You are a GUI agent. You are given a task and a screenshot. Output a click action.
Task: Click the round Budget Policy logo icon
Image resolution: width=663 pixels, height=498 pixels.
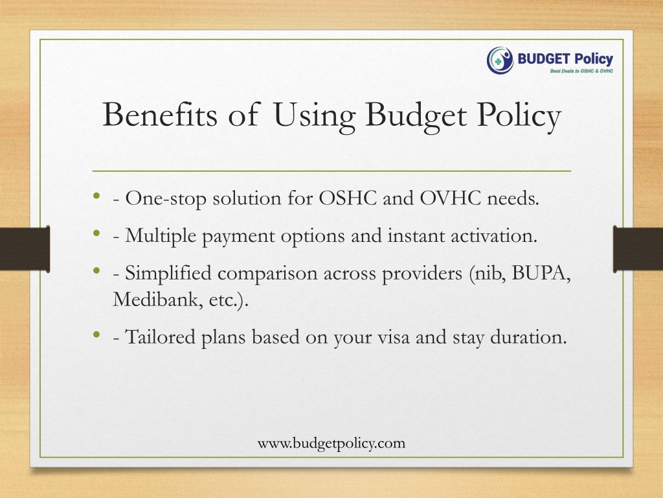pos(500,60)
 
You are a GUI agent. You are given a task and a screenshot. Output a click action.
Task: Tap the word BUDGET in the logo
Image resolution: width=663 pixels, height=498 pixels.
pos(538,59)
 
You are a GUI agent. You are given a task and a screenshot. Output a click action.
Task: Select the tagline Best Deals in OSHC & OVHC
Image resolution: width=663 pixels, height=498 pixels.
pos(581,71)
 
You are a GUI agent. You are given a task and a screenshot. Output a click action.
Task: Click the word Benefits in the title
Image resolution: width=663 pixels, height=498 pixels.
pos(160,114)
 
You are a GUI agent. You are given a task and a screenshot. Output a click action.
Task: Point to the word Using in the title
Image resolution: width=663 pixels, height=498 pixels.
pos(315,117)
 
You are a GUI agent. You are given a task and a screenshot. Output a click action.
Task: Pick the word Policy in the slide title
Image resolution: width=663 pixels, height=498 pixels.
pos(519,117)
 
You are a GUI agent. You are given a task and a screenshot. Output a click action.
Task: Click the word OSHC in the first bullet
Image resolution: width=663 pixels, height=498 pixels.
pos(348,198)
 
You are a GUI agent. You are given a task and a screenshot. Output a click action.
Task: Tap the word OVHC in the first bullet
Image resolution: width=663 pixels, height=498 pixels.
pos(451,198)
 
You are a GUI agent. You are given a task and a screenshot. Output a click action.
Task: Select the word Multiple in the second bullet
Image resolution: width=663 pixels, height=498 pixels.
pos(161,236)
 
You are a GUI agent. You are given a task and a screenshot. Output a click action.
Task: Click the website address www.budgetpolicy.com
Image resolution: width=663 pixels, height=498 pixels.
pos(331,444)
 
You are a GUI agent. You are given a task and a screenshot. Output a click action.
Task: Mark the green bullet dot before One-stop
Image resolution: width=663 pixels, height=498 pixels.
pos(97,195)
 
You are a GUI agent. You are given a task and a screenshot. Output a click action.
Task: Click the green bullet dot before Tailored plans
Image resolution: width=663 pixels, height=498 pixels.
pos(97,335)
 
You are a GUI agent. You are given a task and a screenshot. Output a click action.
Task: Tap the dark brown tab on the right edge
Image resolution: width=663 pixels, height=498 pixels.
pos(638,249)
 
